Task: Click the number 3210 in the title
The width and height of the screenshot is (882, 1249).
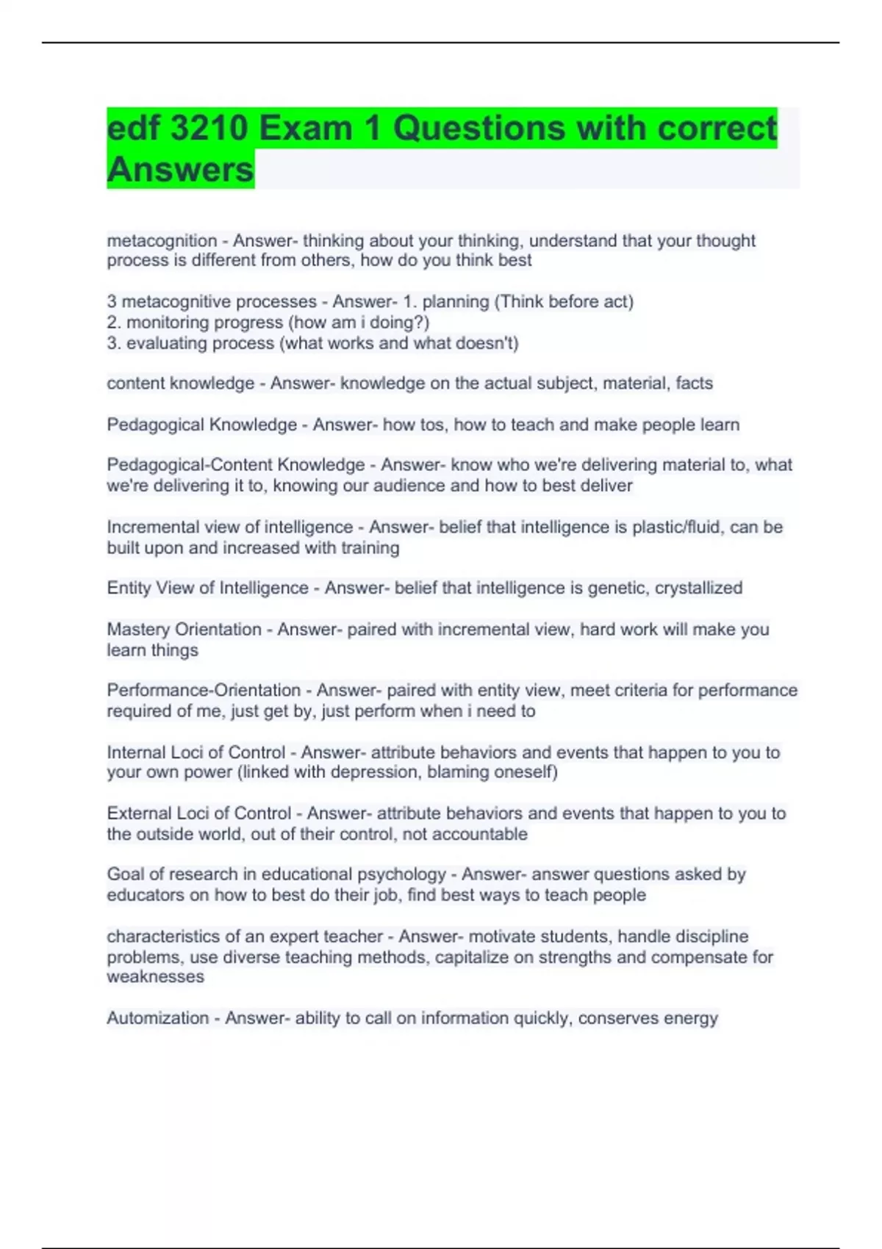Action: click(x=209, y=129)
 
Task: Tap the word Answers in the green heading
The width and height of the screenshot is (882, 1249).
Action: click(x=180, y=170)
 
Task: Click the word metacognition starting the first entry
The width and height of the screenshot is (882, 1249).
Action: click(x=162, y=241)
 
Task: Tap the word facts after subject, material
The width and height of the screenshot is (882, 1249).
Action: click(x=694, y=384)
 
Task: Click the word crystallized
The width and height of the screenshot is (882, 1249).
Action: click(x=698, y=588)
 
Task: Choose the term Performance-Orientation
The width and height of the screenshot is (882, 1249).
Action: click(x=204, y=691)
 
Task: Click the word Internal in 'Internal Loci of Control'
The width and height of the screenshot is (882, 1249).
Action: click(x=136, y=752)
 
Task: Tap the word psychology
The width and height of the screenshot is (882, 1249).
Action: click(x=401, y=874)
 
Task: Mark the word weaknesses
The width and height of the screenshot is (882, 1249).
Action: click(x=155, y=976)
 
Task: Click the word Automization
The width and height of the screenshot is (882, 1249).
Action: click(x=158, y=1018)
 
